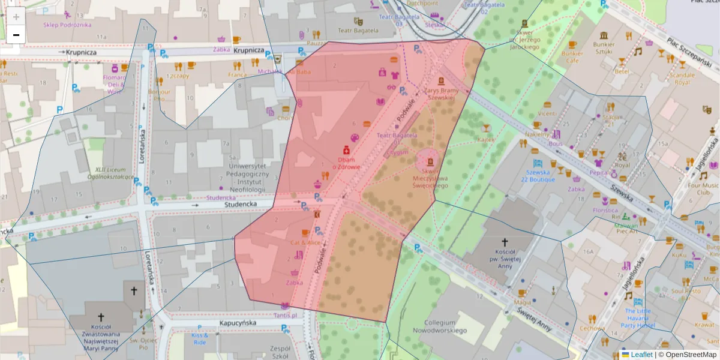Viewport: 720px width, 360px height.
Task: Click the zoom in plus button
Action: pos(16,16)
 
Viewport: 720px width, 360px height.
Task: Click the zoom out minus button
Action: pos(16,35)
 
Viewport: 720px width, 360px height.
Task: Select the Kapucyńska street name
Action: pos(238,323)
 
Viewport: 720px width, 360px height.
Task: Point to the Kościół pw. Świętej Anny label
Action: pos(505,255)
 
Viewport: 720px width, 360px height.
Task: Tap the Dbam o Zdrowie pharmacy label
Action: pos(346,163)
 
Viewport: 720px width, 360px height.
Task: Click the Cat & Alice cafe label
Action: pos(305,242)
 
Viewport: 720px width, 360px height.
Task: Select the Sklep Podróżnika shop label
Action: pos(67,25)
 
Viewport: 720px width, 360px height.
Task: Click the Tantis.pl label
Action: pos(285,315)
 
